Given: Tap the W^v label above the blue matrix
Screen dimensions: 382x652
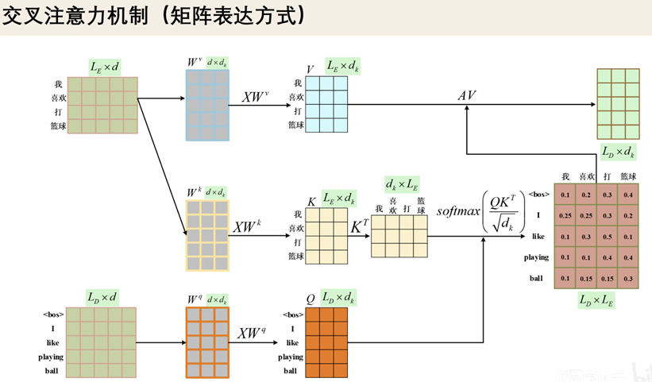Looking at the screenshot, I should coord(193,61).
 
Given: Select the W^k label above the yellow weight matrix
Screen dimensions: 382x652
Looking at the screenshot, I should coord(194,192).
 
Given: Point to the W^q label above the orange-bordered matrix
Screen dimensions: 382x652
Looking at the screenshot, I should coord(195,299).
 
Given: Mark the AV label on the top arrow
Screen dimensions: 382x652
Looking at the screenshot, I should coord(466,95).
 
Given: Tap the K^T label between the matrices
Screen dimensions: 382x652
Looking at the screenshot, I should coord(359,226).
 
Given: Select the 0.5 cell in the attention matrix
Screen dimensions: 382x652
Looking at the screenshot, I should coord(607,237).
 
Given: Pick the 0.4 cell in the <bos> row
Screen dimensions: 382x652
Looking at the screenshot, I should coord(628,195).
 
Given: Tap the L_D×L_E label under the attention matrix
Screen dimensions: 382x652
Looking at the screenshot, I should coord(596,299).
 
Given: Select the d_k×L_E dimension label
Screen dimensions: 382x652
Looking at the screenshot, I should coord(402,185).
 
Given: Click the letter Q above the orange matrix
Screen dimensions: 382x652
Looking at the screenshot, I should coord(311,299).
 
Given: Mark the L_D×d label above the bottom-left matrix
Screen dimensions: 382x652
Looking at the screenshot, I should coord(104,298).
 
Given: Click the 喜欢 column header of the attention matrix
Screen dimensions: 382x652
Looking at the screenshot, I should coord(586,176).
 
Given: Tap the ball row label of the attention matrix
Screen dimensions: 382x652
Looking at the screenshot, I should coord(537,278).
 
